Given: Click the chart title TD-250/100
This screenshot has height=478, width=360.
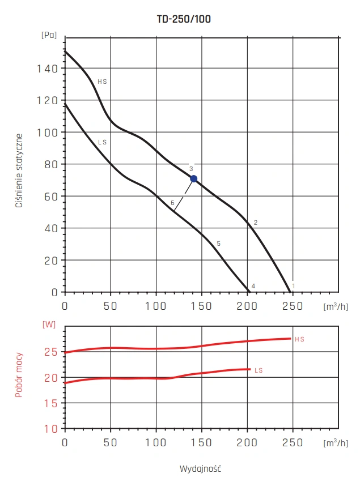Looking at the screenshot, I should [x=184, y=19].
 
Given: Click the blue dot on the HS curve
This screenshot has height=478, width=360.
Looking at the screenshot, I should [x=193, y=179].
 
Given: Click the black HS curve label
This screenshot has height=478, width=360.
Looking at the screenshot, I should [x=102, y=82].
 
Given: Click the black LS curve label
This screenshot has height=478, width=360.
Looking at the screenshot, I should [x=102, y=142].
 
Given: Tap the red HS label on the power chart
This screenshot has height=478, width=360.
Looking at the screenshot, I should [x=299, y=339].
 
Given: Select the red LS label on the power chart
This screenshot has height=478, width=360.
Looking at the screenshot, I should [x=259, y=370].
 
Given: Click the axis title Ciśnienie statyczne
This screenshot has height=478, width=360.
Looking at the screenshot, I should [x=19, y=170].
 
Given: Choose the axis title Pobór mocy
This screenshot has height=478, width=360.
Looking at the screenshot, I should [x=19, y=374].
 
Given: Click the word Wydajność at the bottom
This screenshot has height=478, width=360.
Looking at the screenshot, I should [x=200, y=468].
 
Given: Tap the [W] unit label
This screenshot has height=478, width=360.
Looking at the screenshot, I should [x=48, y=325].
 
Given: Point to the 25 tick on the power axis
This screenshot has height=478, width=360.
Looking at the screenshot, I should [x=51, y=352].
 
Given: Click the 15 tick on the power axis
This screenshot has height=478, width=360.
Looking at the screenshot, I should [x=51, y=403].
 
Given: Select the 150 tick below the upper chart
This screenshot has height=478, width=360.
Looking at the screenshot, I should [x=201, y=306].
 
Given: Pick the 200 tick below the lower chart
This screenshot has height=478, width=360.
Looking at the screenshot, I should [x=247, y=442].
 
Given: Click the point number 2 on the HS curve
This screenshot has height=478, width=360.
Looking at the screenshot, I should [x=256, y=223].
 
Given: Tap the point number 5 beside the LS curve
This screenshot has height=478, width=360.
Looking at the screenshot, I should [x=218, y=244].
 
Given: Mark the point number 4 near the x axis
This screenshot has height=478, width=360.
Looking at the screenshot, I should [x=253, y=286].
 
